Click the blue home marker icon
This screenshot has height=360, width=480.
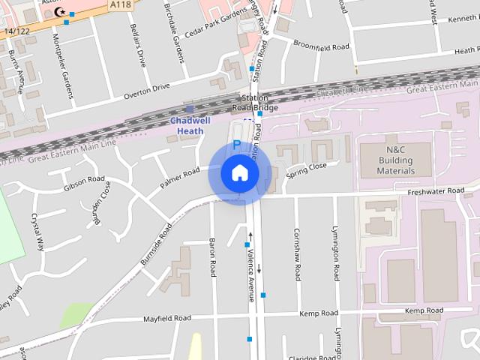240,173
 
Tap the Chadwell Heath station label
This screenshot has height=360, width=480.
190,125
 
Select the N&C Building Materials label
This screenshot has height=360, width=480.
395,160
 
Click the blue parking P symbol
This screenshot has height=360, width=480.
237,144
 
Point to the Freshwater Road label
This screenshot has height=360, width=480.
436,191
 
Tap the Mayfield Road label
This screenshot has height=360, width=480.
167,319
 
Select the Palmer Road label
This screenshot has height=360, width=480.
180,178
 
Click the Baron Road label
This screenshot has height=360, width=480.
212,256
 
